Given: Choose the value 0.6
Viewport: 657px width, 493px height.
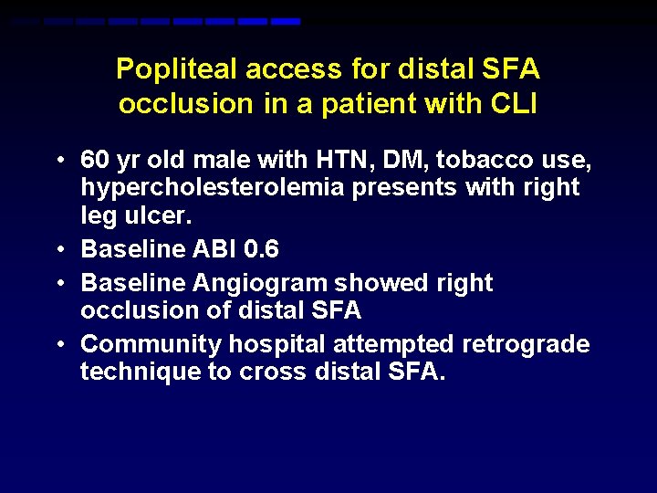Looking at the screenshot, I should click(x=260, y=249).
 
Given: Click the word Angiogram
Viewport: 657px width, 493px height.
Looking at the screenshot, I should click(x=261, y=283).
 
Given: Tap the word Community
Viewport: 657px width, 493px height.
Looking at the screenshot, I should click(x=151, y=344).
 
